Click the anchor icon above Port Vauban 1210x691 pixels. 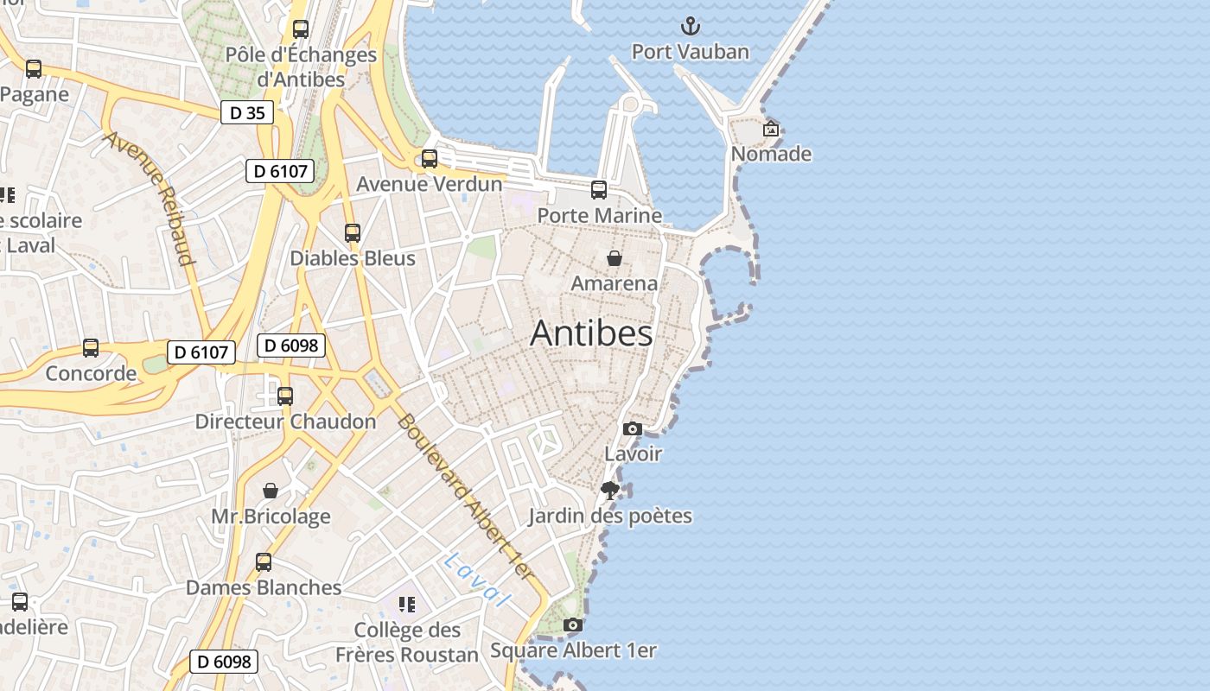click(690, 26)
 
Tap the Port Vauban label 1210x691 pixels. click(690, 52)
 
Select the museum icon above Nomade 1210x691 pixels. click(770, 130)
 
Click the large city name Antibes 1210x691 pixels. click(591, 333)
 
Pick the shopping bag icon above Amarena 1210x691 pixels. click(614, 258)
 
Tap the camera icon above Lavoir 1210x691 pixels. click(633, 428)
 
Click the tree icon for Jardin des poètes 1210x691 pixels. click(609, 491)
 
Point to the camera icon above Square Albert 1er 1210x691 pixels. click(572, 624)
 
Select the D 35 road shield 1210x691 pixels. click(247, 112)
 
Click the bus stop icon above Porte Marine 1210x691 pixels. click(599, 190)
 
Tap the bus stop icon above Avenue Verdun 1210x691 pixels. click(429, 159)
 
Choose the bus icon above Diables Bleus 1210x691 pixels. click(352, 233)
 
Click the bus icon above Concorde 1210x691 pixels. click(91, 348)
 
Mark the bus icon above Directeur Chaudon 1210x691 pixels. click(285, 396)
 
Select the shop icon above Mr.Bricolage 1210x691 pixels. click(271, 491)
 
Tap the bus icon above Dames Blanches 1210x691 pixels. click(264, 562)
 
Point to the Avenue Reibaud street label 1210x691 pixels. click(150, 198)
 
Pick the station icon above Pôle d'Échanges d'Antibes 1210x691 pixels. click(301, 29)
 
